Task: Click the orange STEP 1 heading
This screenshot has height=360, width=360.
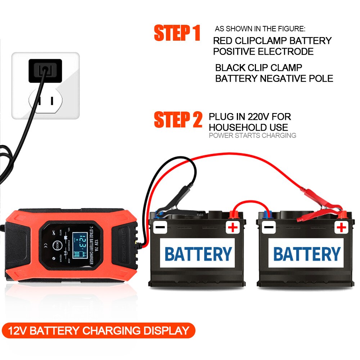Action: [177, 33]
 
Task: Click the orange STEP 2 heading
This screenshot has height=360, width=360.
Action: [178, 120]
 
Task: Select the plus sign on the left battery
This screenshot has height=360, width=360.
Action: [233, 227]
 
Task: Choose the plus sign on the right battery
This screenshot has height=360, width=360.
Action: [341, 227]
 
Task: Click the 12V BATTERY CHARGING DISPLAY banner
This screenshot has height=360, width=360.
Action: [98, 331]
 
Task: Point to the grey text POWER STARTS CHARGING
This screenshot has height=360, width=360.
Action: [252, 136]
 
